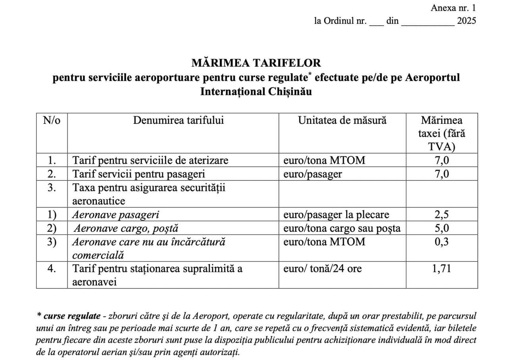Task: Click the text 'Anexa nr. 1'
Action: [453, 8]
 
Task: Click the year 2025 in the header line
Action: [466, 21]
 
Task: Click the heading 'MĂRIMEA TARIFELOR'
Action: [256, 63]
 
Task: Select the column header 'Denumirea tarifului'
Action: [178, 120]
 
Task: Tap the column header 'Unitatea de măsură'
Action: [342, 120]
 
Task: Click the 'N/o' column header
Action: [52, 120]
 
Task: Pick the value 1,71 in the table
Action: [442, 269]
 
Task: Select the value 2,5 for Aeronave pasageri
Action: [442, 215]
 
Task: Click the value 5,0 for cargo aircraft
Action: [442, 228]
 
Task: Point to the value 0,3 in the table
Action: [442, 242]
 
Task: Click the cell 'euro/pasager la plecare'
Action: [336, 215]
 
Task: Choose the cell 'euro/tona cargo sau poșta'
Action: [342, 228]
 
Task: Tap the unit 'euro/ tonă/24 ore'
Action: [322, 269]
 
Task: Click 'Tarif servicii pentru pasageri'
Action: [139, 174]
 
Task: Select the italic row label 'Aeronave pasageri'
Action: [115, 215]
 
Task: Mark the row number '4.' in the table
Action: [52, 269]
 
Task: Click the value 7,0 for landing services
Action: [442, 160]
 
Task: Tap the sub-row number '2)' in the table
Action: [52, 228]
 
